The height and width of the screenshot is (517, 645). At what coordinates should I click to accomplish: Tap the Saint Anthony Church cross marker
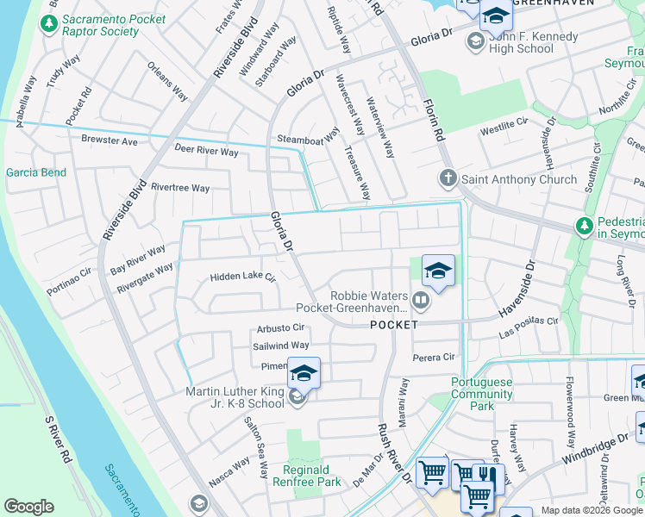(448, 179)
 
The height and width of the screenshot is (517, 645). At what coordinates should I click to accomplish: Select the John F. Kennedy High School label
(520, 43)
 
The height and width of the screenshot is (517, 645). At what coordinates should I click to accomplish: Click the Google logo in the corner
(28, 507)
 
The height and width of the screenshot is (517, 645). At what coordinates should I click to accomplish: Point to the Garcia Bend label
(35, 172)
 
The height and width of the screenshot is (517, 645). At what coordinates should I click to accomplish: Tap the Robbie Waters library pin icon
(421, 301)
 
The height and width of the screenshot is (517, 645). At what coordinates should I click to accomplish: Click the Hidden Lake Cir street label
(242, 277)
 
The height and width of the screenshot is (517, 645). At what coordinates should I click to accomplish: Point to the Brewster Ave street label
(110, 140)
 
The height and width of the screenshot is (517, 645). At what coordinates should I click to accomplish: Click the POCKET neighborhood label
(394, 325)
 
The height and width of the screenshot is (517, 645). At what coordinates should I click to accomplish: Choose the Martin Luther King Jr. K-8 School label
(235, 398)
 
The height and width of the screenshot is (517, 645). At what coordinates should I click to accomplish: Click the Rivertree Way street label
(179, 188)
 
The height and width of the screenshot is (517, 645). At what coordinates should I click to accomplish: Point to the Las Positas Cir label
(529, 327)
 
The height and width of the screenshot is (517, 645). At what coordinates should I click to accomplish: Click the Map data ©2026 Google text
(592, 510)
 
